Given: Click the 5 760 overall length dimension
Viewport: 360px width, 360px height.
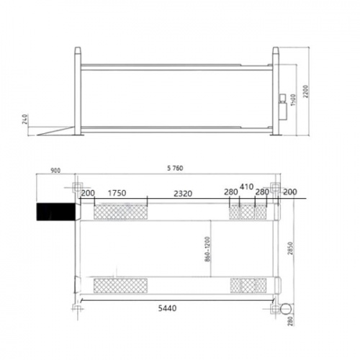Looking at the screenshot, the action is [x=175, y=168].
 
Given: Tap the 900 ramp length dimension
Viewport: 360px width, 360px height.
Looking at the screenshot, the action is [x=55, y=171].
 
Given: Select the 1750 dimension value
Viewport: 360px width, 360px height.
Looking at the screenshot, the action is [x=117, y=193].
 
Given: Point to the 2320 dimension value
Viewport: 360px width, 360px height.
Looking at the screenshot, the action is [x=183, y=194].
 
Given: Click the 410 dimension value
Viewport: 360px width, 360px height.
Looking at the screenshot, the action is [x=247, y=186].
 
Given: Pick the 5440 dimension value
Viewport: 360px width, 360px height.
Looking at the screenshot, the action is [x=167, y=308].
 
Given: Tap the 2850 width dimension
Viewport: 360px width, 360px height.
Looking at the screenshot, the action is [x=291, y=248].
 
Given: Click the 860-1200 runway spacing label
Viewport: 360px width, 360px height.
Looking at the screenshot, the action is [x=207, y=249].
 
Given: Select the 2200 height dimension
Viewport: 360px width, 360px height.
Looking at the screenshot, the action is [x=305, y=91].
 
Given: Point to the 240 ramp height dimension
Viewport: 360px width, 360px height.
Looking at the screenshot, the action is [x=25, y=120].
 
